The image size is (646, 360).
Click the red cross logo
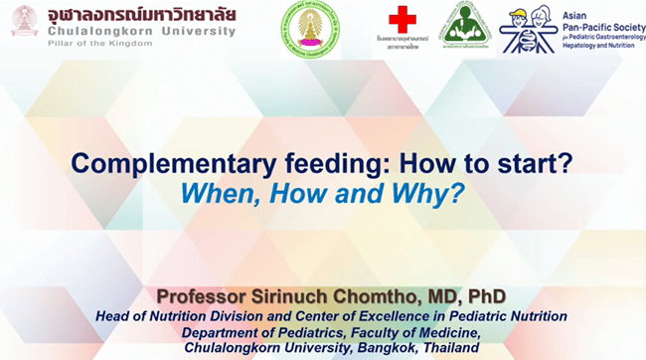(x=403, y=20)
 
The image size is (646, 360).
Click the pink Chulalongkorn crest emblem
(x=24, y=21)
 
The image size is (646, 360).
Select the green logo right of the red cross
(x=465, y=27)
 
